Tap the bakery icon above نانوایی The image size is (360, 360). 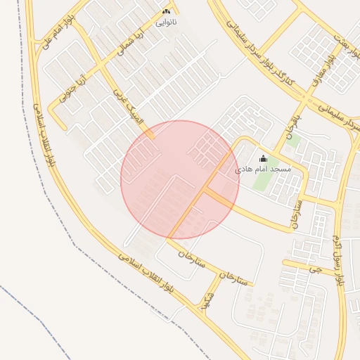(x=166, y=12)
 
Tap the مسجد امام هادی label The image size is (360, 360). (x=262, y=169)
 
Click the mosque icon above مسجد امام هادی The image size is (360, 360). (x=263, y=159)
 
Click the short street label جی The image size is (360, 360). (x=316, y=268)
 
